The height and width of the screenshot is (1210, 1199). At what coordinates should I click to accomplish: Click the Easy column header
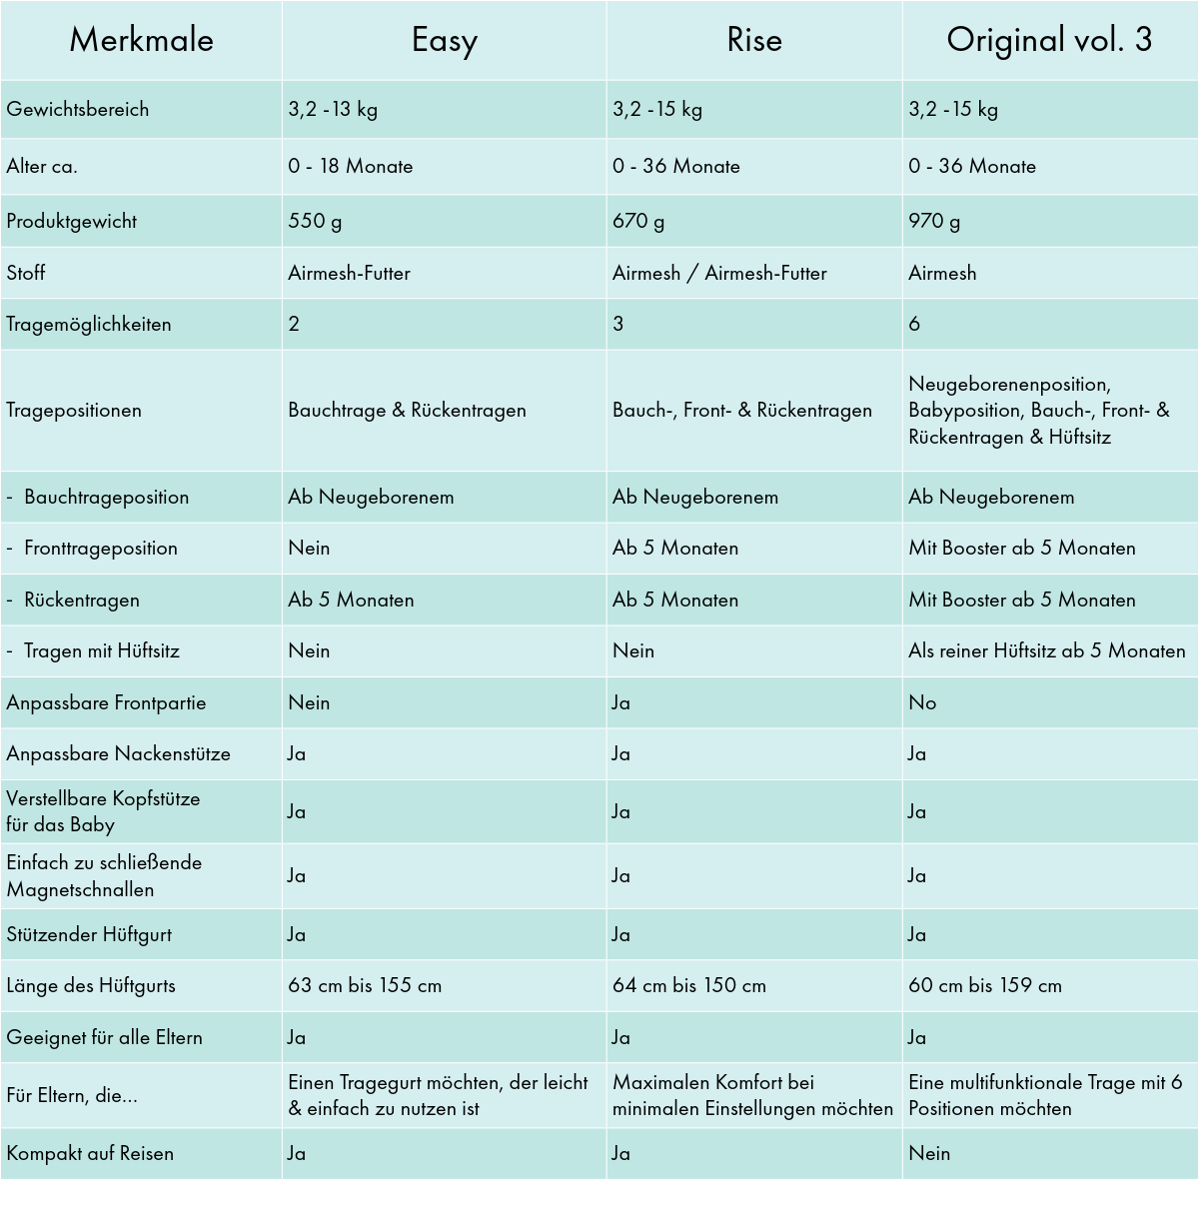point(445,40)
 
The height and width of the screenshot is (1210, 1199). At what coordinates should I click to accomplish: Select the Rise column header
point(754,40)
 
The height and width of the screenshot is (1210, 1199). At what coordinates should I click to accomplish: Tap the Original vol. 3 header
point(1049,40)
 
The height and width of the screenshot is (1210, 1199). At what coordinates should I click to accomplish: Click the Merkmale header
point(141,40)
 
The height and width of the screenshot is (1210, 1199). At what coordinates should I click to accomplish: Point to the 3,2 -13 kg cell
point(333,109)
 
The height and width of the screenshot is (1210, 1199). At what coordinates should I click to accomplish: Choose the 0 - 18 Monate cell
point(351,166)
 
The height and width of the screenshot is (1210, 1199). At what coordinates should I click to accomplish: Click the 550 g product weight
point(315,221)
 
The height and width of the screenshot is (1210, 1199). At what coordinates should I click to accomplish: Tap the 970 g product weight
point(934,221)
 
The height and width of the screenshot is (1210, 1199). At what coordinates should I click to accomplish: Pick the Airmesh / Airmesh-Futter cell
point(719,273)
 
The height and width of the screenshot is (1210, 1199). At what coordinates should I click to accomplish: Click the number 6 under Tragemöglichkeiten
point(914,324)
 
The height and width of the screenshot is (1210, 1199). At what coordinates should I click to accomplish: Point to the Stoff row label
point(26,273)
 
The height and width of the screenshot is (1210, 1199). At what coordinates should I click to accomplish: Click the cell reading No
point(922,702)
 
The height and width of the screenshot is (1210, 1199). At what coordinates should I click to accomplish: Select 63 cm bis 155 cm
point(365,985)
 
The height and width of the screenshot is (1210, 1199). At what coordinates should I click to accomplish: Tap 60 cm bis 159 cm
point(985,985)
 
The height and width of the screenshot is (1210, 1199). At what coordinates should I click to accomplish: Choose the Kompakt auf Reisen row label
point(90,1153)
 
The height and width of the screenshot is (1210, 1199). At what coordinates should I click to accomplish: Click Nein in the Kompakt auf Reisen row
point(929,1153)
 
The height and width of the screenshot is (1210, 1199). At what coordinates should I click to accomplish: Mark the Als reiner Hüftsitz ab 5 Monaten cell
point(1047,650)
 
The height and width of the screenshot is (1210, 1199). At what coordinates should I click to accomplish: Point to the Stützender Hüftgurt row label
point(89,934)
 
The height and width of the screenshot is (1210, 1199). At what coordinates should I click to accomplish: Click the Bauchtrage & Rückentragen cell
point(407,410)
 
